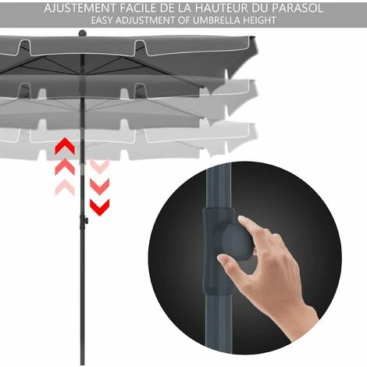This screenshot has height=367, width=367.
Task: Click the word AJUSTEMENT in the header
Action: pos(80,8)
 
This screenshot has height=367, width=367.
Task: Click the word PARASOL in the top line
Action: pos(298,8)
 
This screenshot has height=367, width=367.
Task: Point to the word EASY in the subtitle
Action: pos(102,20)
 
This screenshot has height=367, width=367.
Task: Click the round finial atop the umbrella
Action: pos(82,33)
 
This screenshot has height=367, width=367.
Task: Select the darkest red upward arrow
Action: pos(65,147)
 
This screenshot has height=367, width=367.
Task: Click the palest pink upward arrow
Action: pos(65,187)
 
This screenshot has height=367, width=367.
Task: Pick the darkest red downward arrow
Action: pos(100,208)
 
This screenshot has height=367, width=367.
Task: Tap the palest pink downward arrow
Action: pos(100,166)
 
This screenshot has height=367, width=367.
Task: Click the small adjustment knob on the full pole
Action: pos(86,221)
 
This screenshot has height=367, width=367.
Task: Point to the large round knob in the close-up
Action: pos(237,241)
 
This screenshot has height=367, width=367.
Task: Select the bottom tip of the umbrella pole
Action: pos(82,364)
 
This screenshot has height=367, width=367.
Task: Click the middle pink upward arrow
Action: pos(65,167)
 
